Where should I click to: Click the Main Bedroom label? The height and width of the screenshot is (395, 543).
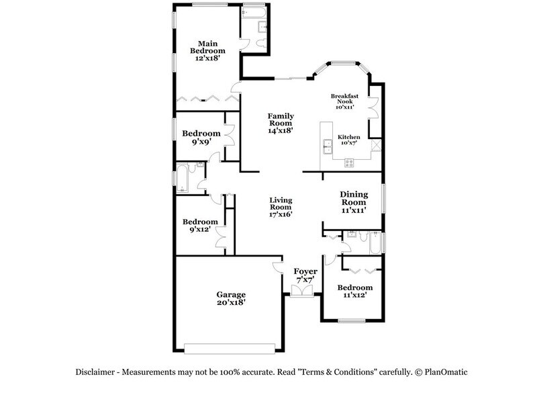207,50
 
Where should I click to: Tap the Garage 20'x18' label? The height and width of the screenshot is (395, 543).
230,298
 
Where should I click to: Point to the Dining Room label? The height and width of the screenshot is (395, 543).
353,202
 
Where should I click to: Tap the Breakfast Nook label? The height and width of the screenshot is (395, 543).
344,101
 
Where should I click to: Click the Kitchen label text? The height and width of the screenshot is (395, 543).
349,139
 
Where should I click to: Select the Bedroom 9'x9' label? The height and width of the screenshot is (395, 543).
201,137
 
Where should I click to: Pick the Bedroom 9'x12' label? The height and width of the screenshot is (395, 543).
201,226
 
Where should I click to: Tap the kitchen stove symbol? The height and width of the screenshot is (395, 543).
349,162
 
